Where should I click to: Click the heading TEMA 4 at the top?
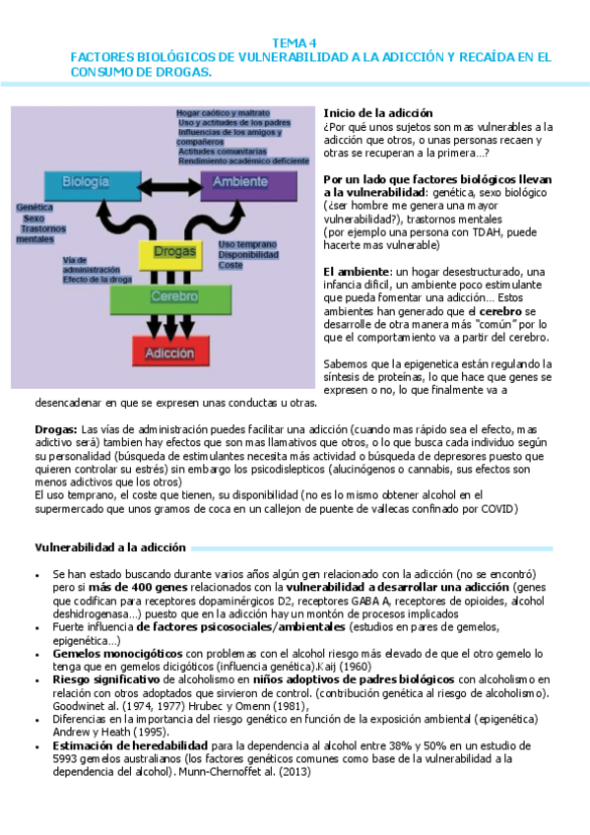294,42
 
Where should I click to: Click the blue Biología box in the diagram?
85,182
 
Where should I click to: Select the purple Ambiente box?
247,182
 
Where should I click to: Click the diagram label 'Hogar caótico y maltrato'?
223,113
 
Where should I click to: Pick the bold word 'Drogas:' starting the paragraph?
55,429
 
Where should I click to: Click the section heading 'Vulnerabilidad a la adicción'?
110,546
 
